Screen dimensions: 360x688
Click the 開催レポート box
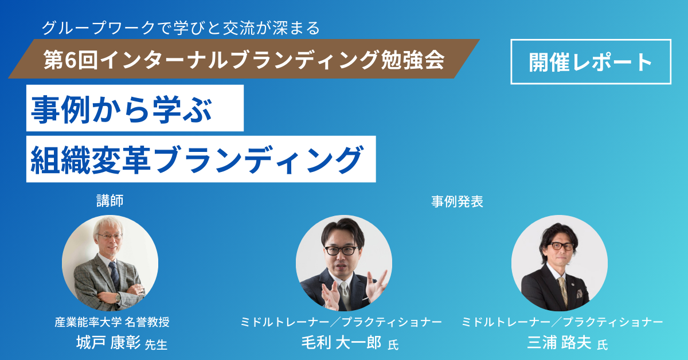591,61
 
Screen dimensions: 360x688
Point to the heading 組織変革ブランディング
198,159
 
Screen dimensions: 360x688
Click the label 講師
110,199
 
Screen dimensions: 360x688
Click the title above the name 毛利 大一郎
342,322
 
